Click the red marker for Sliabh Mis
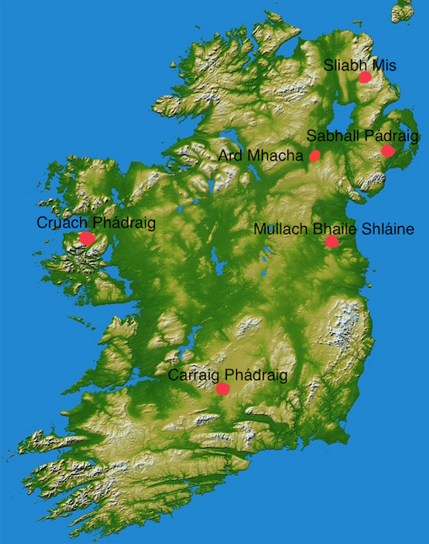point(365,77)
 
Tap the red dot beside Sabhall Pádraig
point(388,151)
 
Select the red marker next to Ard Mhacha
point(314,155)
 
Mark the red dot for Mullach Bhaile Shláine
point(332,241)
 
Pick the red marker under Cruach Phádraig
point(87,239)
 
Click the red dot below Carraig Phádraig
point(223,389)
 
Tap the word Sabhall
point(331,135)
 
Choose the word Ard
point(230,155)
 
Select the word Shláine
point(389,229)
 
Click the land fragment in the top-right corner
point(403,11)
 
